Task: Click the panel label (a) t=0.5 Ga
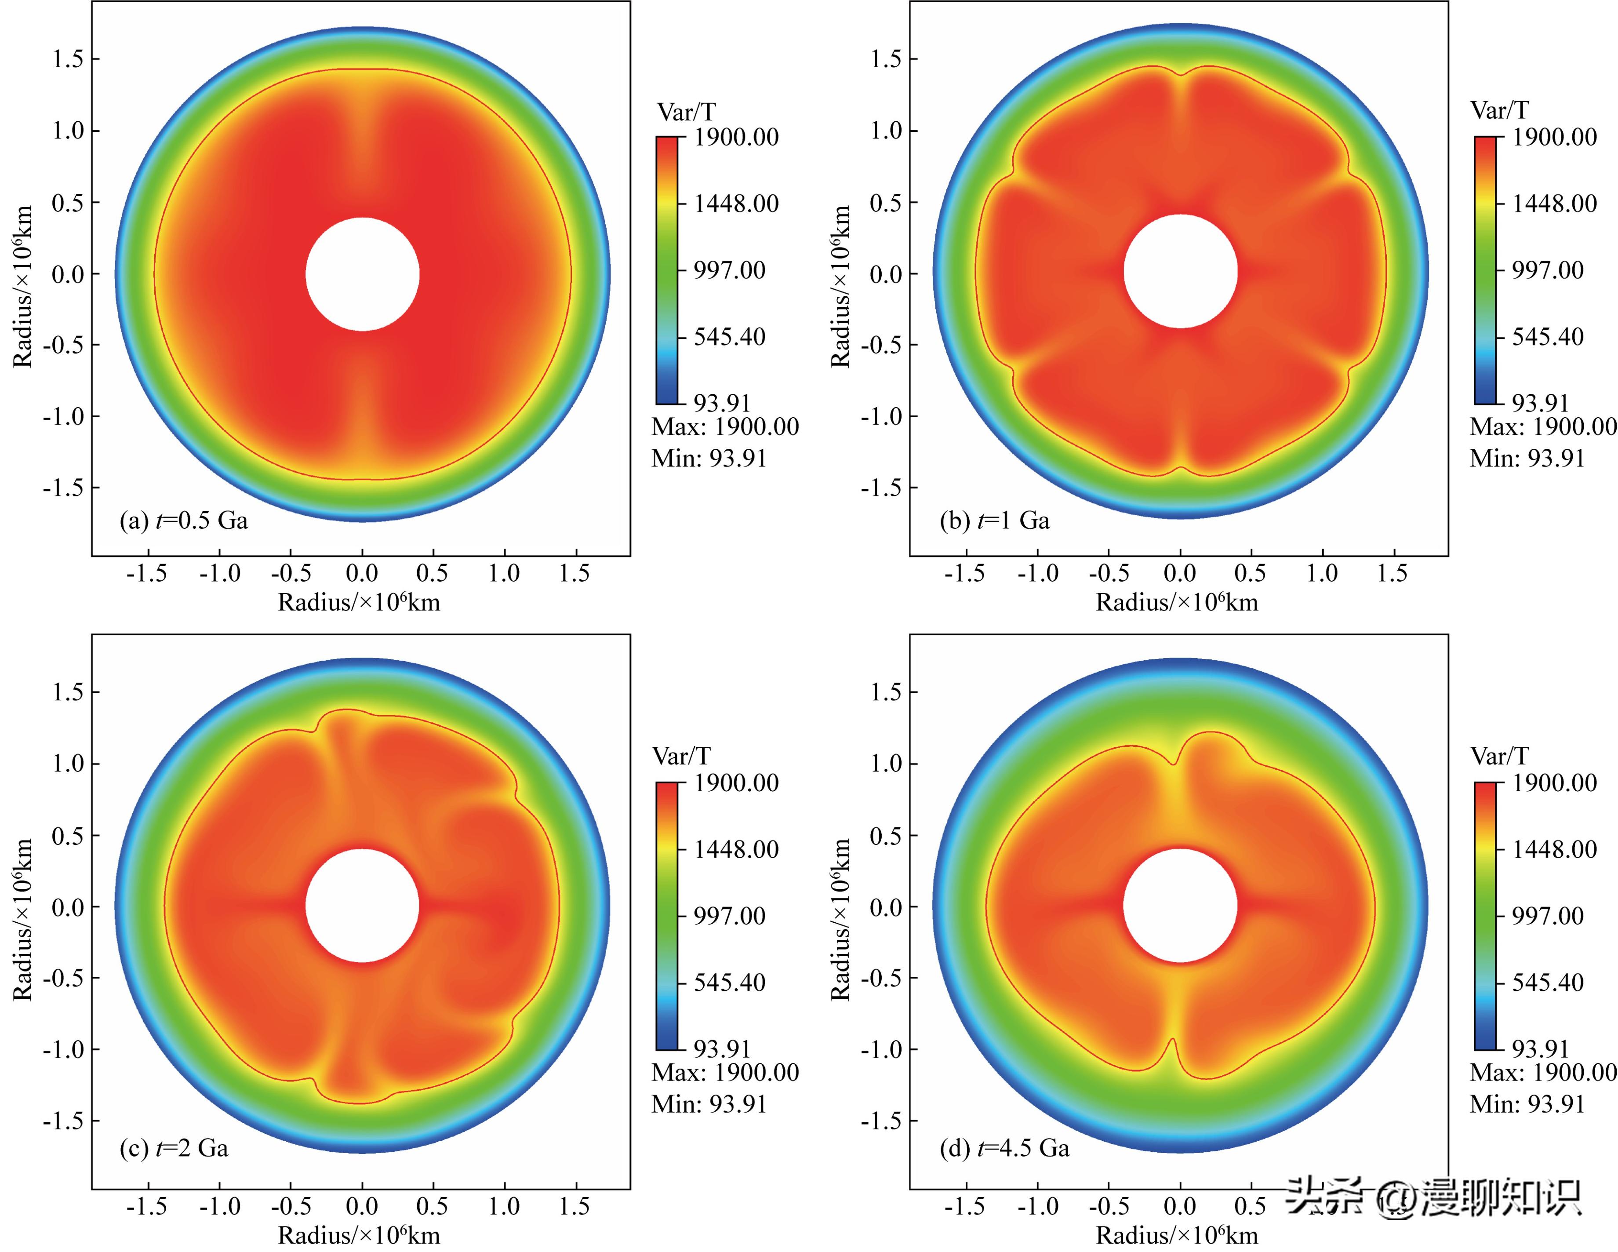184,521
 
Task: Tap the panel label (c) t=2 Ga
174,1148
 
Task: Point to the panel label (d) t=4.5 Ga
1004,1148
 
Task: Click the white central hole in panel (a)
362,274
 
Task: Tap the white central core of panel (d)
1180,905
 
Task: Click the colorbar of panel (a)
667,270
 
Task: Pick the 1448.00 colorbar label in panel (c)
736,849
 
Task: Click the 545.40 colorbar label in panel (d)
1547,983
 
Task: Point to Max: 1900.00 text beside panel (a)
724,427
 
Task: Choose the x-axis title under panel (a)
359,602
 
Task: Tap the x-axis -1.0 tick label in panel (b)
1037,573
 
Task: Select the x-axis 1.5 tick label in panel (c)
575,1207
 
